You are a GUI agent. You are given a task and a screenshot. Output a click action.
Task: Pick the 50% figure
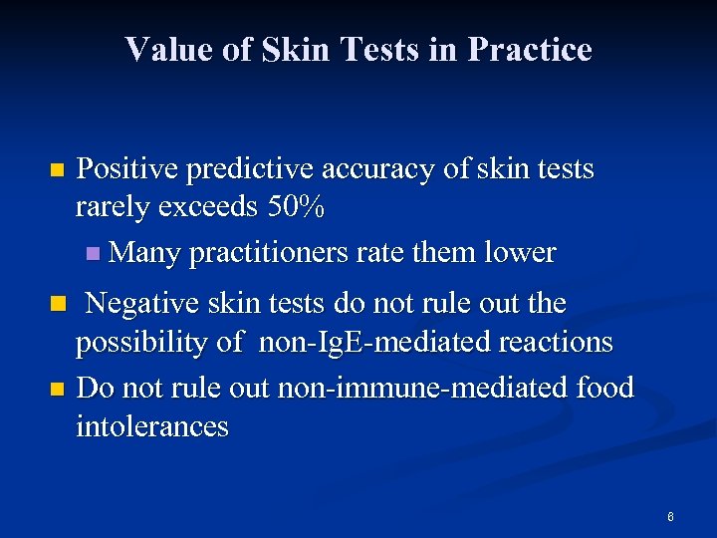(295, 209)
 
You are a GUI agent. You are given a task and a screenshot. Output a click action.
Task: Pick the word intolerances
(152, 427)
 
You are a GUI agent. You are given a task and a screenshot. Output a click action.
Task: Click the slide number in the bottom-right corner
(670, 516)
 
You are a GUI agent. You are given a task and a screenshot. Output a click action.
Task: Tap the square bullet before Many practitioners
(93, 254)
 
